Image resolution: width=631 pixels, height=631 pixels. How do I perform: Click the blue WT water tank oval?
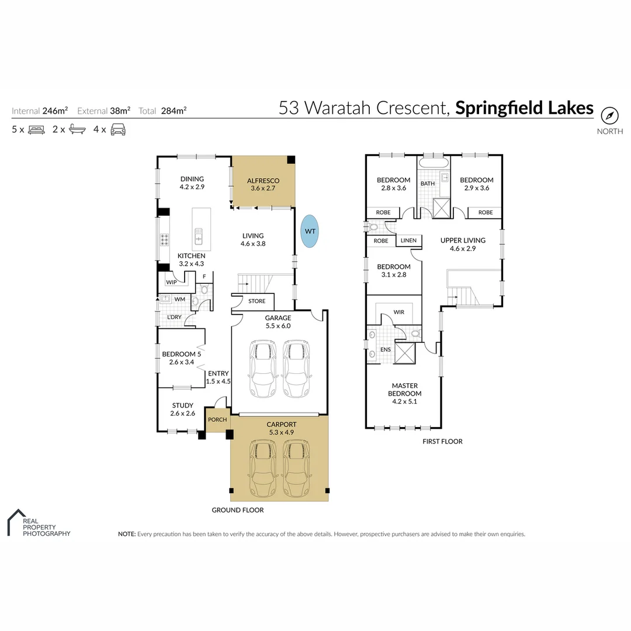310,231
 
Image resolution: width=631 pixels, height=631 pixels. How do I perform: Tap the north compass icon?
609,116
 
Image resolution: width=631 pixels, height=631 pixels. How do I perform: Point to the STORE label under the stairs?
256,301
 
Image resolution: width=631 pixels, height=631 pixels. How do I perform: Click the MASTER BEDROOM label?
405,390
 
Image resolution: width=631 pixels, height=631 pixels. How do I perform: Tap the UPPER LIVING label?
463,244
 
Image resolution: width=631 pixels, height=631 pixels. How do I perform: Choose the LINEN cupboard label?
408,241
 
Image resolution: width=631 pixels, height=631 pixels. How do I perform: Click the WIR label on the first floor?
399,313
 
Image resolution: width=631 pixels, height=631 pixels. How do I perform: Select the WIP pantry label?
171,282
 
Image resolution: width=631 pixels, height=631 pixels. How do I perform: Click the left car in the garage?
262,369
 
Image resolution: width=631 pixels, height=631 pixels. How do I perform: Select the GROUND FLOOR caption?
237,510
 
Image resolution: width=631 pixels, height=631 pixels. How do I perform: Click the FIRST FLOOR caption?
442,442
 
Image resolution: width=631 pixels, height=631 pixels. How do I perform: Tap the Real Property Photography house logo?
16,521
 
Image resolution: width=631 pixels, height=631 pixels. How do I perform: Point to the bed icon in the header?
37,130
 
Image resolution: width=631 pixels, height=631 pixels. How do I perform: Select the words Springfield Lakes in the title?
524,108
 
